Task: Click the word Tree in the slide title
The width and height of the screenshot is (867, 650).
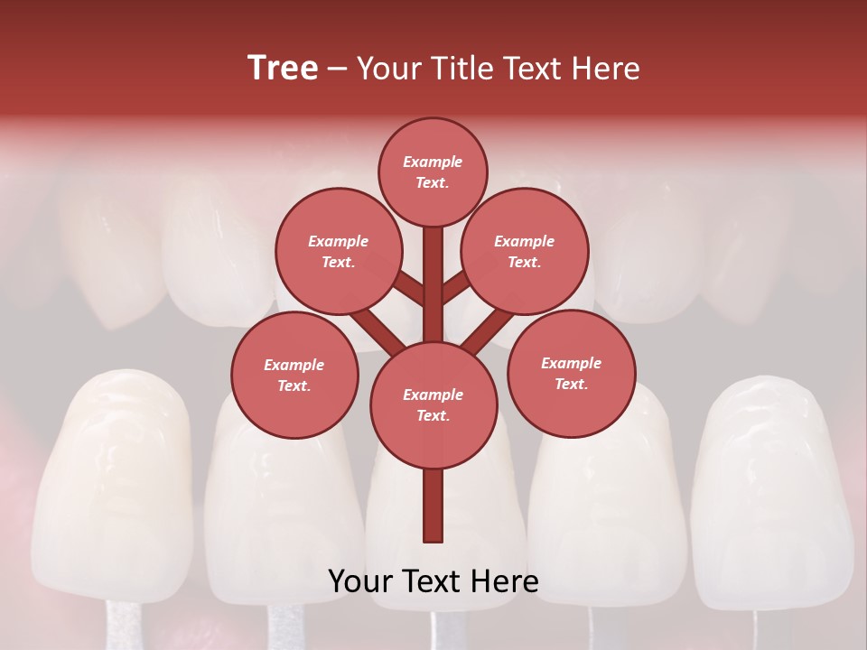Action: pyautogui.click(x=283, y=69)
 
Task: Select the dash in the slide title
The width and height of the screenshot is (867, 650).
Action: pyautogui.click(x=338, y=70)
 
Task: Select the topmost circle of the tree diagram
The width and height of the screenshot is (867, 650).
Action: pyautogui.click(x=433, y=172)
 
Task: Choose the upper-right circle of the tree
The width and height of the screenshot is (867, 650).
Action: pyautogui.click(x=525, y=252)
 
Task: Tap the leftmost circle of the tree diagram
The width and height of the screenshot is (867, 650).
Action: pyautogui.click(x=294, y=375)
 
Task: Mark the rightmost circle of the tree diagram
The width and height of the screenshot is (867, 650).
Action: pyautogui.click(x=571, y=373)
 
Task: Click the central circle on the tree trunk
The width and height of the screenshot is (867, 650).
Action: pyautogui.click(x=433, y=404)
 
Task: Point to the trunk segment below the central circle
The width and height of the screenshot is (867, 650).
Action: pyautogui.click(x=433, y=506)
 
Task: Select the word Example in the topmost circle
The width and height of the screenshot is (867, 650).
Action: pyautogui.click(x=433, y=162)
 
